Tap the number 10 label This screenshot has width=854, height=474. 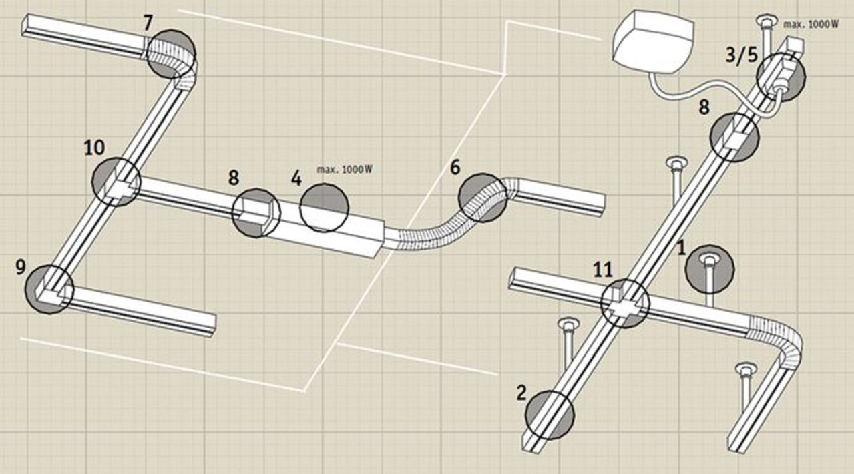(x=94, y=148)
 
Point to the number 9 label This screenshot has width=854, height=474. (x=20, y=268)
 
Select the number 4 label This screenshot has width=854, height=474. (x=296, y=179)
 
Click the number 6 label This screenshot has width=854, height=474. (x=455, y=168)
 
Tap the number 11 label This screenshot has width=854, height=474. (x=602, y=270)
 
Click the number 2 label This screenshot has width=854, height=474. (x=521, y=392)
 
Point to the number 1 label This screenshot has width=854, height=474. (x=681, y=248)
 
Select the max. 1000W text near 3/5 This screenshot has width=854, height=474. (x=811, y=24)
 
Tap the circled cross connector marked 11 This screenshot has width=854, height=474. (x=624, y=303)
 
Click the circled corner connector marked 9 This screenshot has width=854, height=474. (x=49, y=288)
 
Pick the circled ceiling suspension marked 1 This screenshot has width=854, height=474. (x=709, y=268)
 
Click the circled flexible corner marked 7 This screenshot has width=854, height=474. (x=171, y=53)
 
